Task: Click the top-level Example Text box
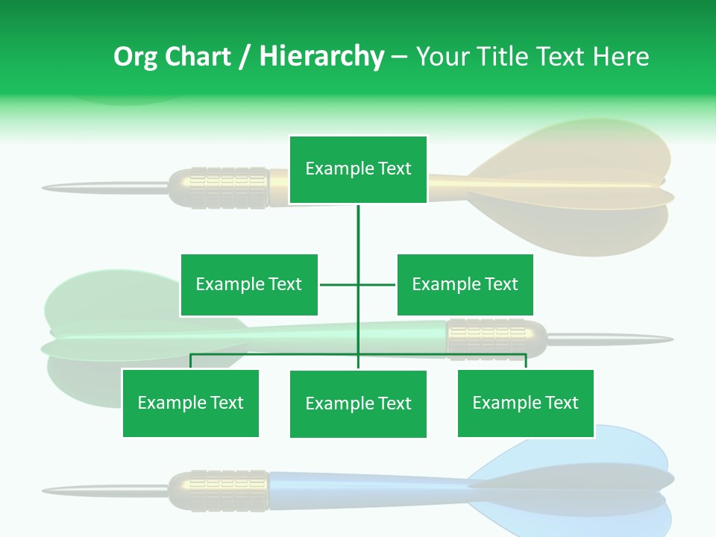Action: pyautogui.click(x=358, y=169)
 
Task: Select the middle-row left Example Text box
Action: pyautogui.click(x=249, y=285)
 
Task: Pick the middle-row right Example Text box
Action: pyautogui.click(x=465, y=285)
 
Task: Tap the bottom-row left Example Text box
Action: pyautogui.click(x=190, y=403)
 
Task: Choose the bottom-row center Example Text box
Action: pyautogui.click(x=358, y=404)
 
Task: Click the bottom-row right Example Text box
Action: pyautogui.click(x=525, y=403)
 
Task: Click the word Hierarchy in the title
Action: pyautogui.click(x=321, y=57)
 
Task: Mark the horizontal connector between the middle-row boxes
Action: pyautogui.click(x=358, y=284)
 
